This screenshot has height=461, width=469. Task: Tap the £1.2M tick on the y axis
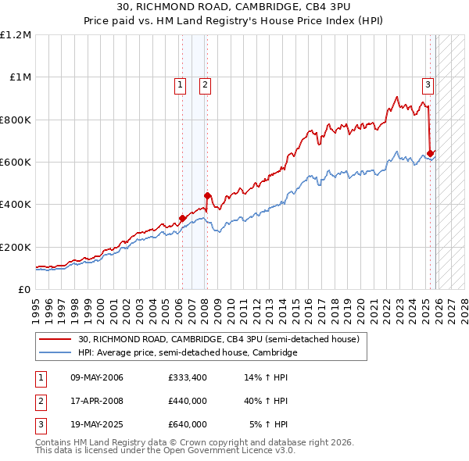pyautogui.click(x=16, y=35)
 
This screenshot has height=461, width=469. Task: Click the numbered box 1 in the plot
pyautogui.click(x=181, y=85)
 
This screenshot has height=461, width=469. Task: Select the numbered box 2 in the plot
pyautogui.click(x=205, y=85)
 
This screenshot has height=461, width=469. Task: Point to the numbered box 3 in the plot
pyautogui.click(x=428, y=85)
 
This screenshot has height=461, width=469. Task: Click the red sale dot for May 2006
pyautogui.click(x=182, y=219)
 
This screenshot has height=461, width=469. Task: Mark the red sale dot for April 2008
pyautogui.click(x=207, y=196)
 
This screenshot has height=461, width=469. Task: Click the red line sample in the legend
pyautogui.click(x=56, y=340)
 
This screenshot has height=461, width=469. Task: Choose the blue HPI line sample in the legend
pyautogui.click(x=56, y=353)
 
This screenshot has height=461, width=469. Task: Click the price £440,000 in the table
pyautogui.click(x=188, y=401)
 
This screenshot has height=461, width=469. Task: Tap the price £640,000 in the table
pyautogui.click(x=188, y=424)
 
